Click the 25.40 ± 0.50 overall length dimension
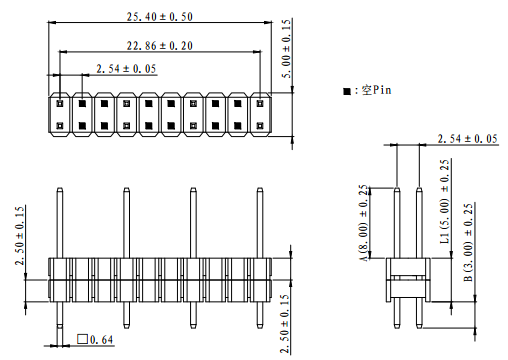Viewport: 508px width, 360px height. pos(160,17)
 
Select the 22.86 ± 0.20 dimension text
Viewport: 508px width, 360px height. pos(160,46)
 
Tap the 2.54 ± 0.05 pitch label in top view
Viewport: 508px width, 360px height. pos(126,69)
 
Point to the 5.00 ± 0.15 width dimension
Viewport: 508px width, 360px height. pos(286,49)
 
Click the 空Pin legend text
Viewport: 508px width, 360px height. pos(376,90)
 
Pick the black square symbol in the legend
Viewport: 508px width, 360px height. pos(347,91)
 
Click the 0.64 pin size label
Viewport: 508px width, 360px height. pos(102,340)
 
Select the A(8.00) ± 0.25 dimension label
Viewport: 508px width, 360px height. pos(364,223)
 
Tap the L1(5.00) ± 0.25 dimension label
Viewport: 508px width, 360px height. pos(445,201)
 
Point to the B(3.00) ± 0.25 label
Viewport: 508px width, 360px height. pos(468,242)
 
